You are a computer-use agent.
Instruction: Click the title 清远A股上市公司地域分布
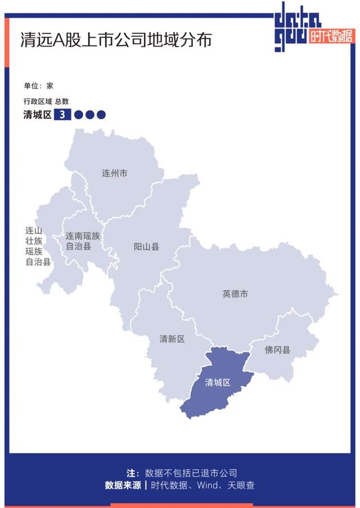click(116, 40)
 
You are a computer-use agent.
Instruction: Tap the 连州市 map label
click(114, 173)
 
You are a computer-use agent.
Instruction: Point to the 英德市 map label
click(235, 293)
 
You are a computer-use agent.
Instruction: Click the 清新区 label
click(172, 339)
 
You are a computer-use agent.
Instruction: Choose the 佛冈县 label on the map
click(278, 350)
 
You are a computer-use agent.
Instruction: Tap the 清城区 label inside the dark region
click(218, 383)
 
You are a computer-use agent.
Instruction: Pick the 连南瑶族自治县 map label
click(83, 241)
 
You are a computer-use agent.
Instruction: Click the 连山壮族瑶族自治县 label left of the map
click(34, 246)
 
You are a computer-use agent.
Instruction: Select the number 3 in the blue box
click(62, 115)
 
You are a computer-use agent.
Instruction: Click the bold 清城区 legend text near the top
click(37, 115)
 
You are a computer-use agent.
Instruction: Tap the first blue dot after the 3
click(79, 115)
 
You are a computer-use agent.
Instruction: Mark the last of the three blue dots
click(101, 115)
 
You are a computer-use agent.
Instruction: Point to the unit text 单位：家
click(38, 86)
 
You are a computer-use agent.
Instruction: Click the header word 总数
click(62, 102)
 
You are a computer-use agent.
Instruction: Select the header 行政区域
click(37, 102)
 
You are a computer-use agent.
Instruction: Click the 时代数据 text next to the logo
click(332, 37)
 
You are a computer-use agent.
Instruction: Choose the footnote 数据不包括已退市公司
click(191, 473)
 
